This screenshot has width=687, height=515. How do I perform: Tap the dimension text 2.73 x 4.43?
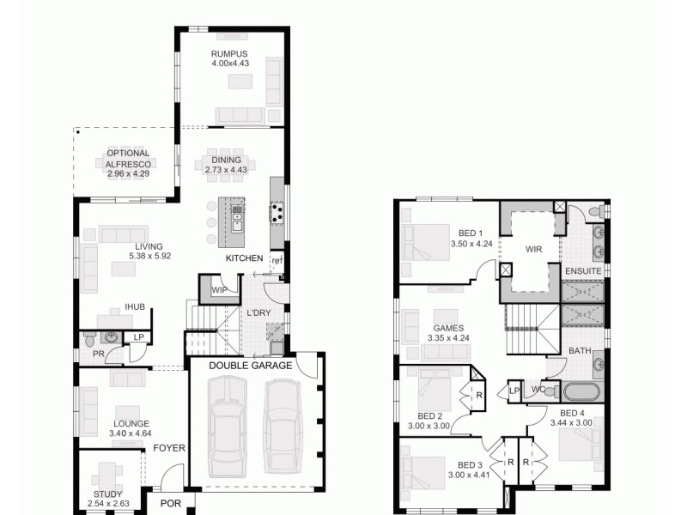223,170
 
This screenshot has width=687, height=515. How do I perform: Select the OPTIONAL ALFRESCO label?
128,159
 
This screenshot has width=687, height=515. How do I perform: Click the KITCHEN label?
244,258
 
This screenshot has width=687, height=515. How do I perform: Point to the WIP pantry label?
219,291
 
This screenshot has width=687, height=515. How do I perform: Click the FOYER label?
169,448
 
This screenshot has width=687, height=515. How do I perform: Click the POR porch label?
171,504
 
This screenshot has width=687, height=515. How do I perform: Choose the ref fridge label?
277,260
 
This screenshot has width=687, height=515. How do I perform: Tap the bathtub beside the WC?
584,391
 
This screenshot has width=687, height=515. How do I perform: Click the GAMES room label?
448,328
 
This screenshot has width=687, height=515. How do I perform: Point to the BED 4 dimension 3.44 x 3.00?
570,423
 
